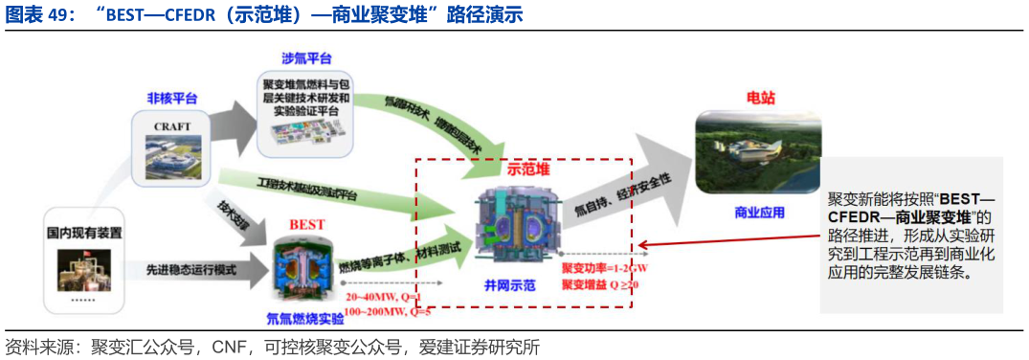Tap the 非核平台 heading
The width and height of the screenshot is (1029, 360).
click(x=172, y=99)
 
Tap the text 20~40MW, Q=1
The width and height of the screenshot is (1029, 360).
click(x=376, y=297)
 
